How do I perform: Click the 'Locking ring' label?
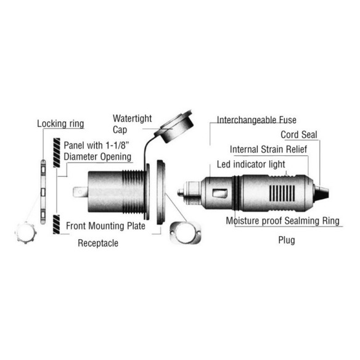point(60,124)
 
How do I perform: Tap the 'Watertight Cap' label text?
point(132,124)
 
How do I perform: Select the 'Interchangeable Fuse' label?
point(256,120)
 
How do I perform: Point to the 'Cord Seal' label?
point(299,135)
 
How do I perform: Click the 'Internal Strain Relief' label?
point(268,149)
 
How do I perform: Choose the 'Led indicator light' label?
point(251,165)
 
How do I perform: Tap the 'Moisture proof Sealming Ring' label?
point(282,221)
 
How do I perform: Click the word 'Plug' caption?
point(287,240)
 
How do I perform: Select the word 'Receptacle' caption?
point(98,243)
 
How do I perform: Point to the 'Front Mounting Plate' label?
point(105,226)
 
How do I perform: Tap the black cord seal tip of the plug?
point(321,193)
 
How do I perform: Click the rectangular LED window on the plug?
point(220,194)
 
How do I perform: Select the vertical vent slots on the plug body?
point(282,193)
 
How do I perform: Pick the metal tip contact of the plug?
point(181,192)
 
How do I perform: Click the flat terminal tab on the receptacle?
point(80,192)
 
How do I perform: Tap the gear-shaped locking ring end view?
point(25,232)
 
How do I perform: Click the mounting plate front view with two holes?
point(185,232)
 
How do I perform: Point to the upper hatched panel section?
point(57,152)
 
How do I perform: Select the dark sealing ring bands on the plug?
point(237,193)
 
